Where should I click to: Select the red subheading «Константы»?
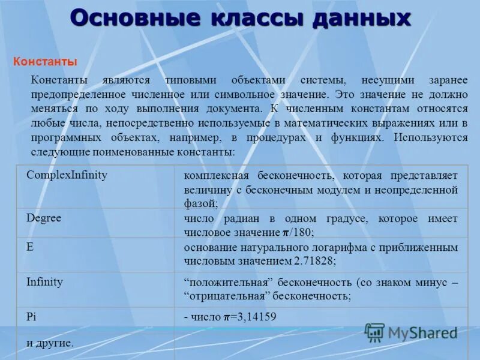pos(45,62)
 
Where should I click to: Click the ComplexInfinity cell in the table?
pos(67,175)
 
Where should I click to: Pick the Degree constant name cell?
pos(44,218)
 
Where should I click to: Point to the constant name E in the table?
pos(30,247)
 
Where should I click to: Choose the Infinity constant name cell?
pos(44,281)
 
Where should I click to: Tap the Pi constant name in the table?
pos(32,316)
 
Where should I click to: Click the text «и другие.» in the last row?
pos(50,343)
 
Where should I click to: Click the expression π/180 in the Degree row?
pos(298,233)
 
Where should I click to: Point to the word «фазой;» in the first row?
pos(200,203)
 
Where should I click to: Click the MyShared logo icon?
pos(374,332)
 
